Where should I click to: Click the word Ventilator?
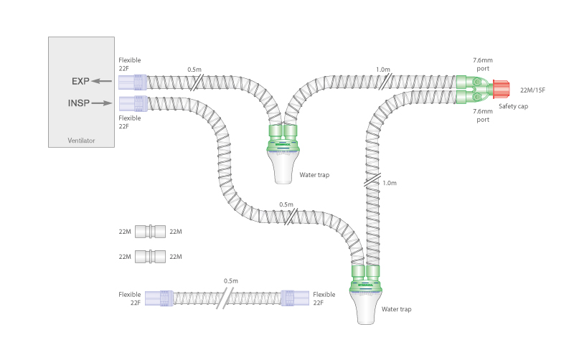81,140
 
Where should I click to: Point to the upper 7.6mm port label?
482,65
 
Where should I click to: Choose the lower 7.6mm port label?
482,116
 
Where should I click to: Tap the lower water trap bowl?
370,307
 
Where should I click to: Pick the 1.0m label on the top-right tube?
383,70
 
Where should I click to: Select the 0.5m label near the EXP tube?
194,70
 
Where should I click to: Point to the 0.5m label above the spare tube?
231,280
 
